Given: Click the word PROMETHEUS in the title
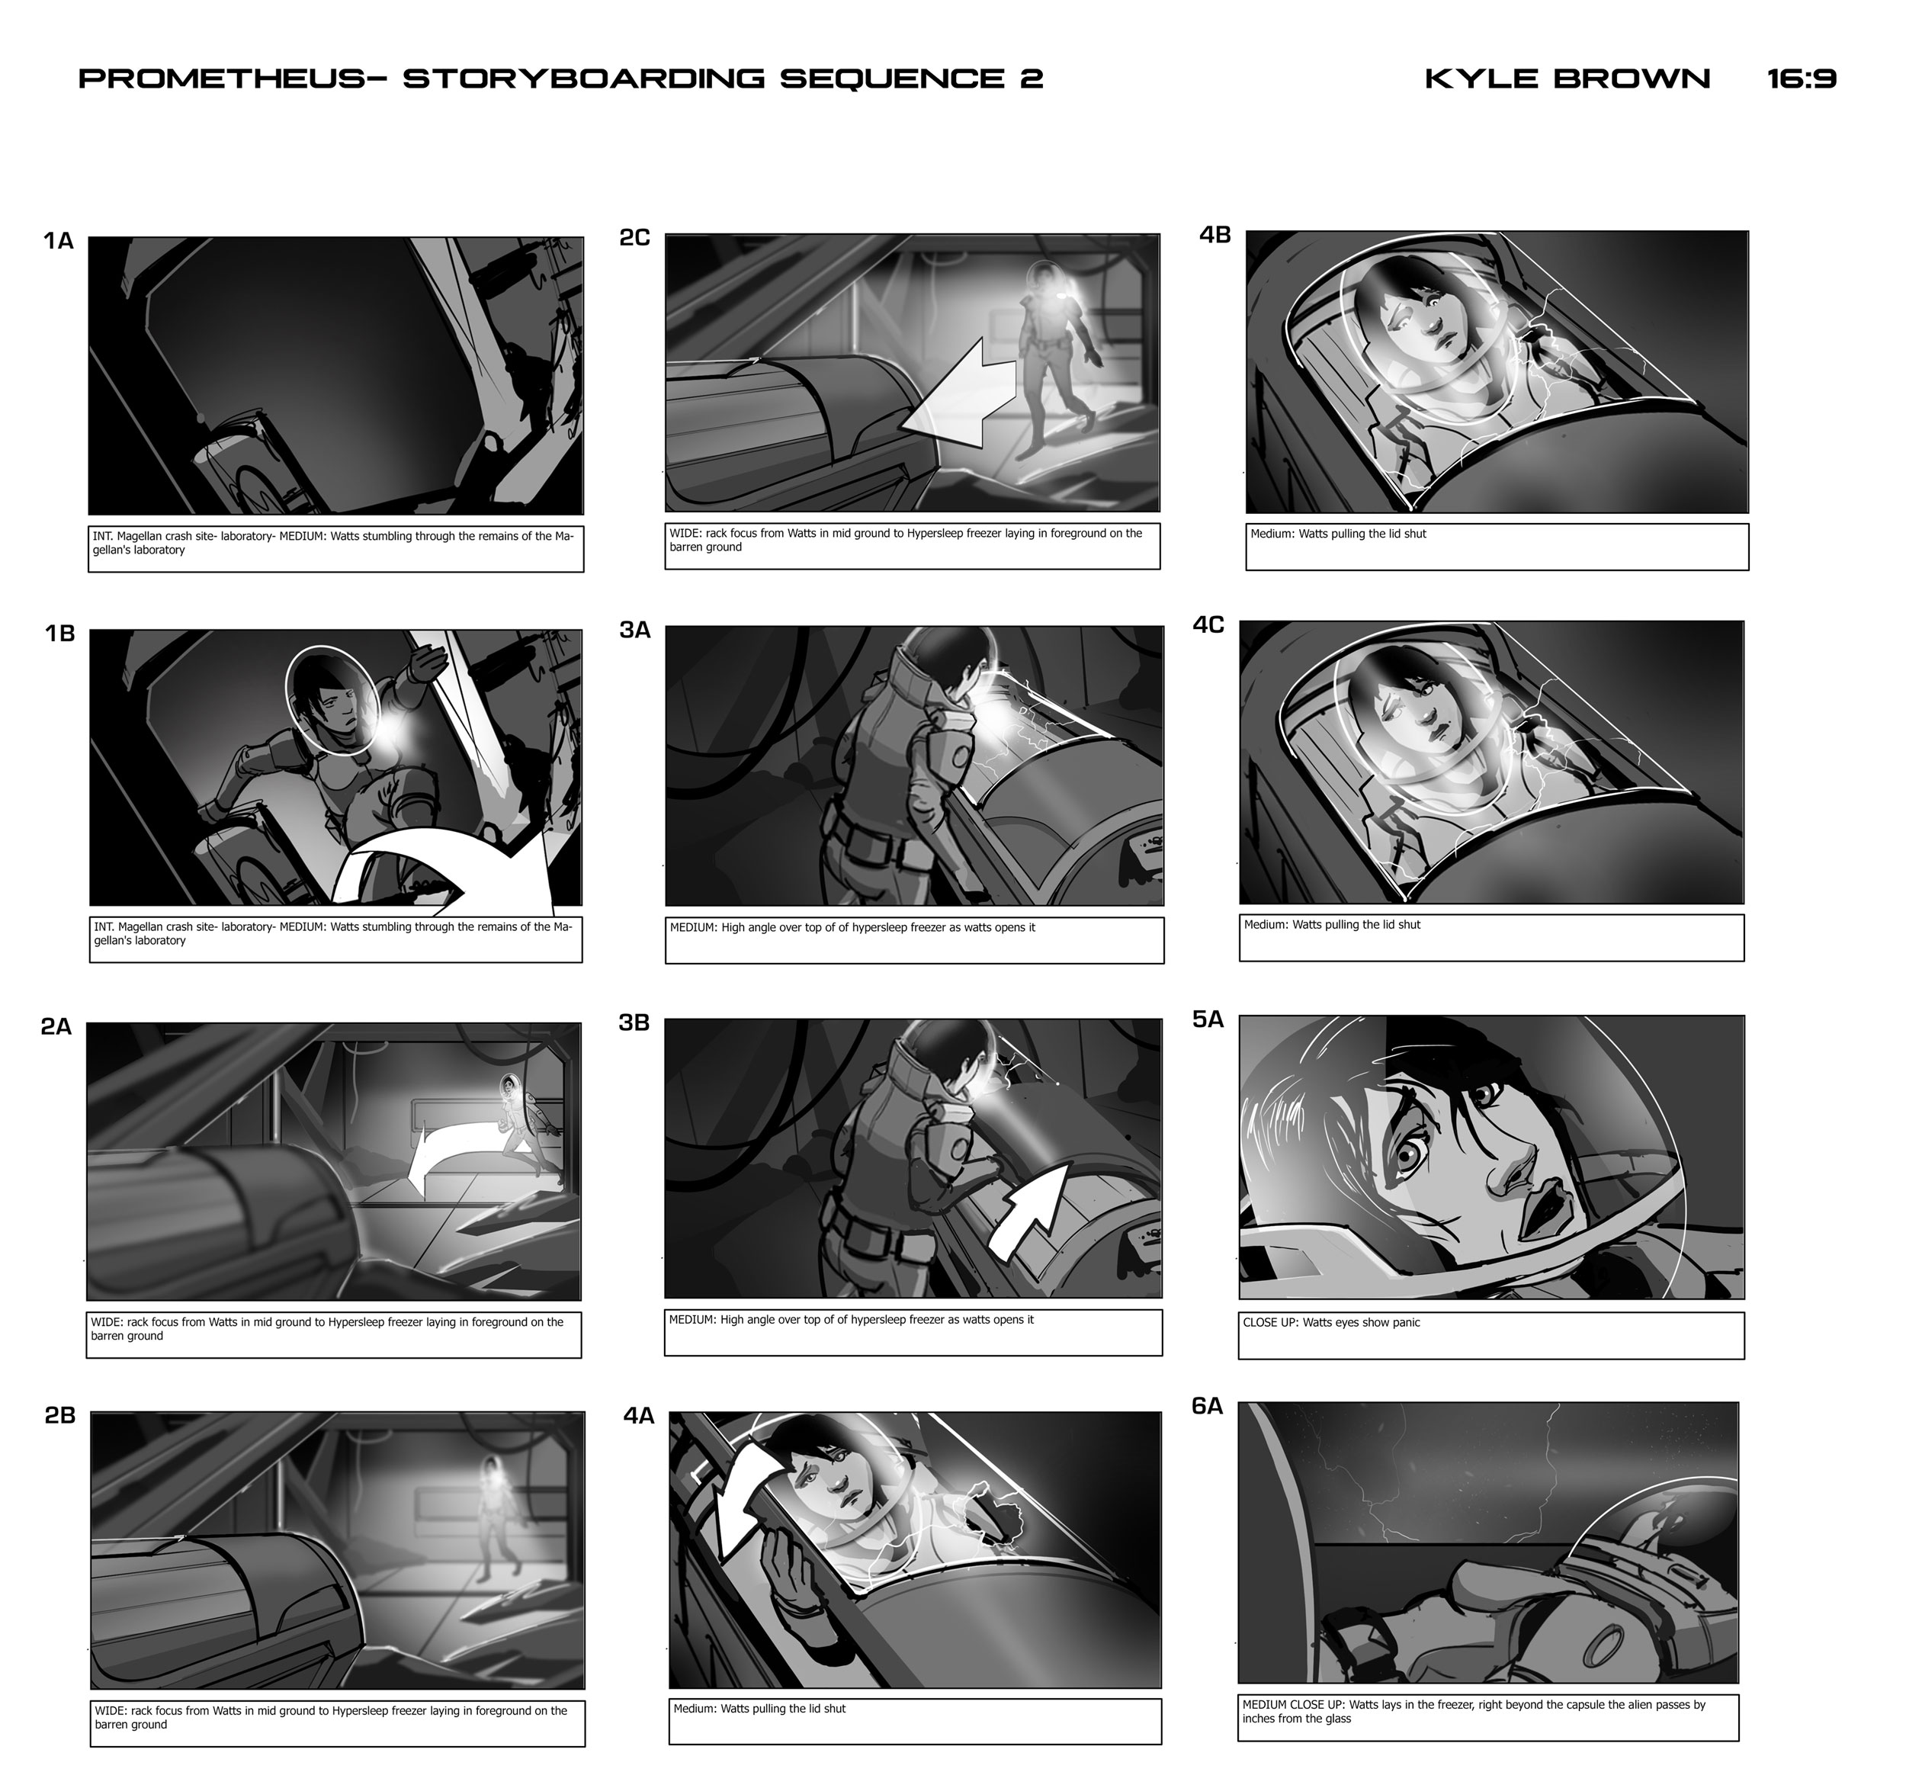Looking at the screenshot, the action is coord(221,79).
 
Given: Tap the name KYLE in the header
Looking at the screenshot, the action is coord(1482,79).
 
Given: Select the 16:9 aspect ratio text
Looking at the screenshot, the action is coord(1802,79).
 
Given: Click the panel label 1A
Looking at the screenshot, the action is coord(59,241).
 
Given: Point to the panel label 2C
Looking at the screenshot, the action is coord(634,237).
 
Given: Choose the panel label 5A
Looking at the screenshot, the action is coord(1208,1019).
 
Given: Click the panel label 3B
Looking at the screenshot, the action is coord(634,1023).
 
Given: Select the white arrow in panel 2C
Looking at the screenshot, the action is coord(959,393).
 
